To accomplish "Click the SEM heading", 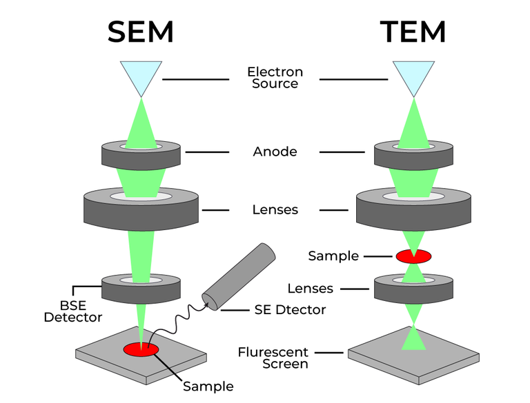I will point(140,32).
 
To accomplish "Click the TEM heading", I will point(413,32).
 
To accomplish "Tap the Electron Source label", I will point(275,78).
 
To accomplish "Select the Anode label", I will point(275,152).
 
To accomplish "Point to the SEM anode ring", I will point(141,154).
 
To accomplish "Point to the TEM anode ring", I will point(414,154).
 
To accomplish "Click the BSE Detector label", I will point(72,311).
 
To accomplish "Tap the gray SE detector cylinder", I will point(237,276).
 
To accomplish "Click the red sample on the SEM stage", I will point(141,349).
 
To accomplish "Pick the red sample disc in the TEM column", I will point(413,256).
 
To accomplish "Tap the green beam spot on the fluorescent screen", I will point(413,340).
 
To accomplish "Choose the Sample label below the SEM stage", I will point(208,386).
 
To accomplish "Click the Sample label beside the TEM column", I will point(333,256).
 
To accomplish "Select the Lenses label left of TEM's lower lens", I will point(311,289).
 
